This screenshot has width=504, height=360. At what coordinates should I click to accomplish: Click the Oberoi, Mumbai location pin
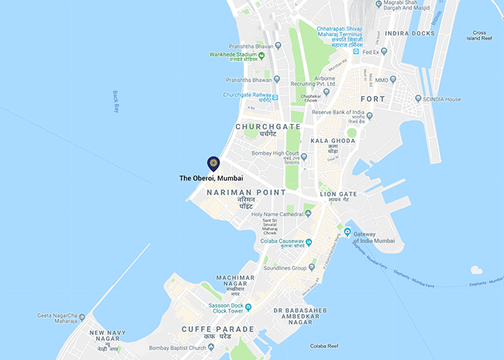tap(213, 163)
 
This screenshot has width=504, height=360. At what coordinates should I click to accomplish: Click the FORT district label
tap(372, 99)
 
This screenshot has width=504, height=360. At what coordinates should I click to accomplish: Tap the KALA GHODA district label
tap(328, 141)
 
